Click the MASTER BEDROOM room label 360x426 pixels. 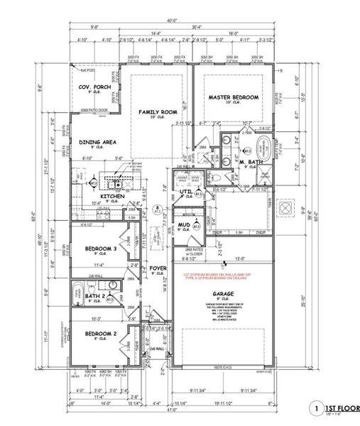233,97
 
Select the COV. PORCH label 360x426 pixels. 93,87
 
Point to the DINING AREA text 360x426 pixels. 97,142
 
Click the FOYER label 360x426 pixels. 158,269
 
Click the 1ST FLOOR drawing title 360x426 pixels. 338,409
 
